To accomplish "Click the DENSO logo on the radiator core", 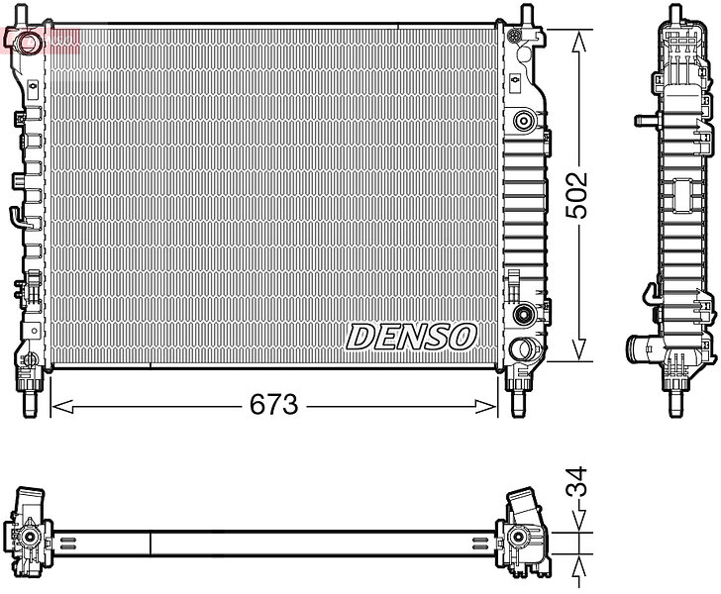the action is pos(411,336).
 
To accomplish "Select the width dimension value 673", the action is pos(274,405).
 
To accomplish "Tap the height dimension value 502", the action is pos(576,195).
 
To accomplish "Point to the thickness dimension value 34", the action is pos(576,481).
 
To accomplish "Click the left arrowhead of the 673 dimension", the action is pos(62,407).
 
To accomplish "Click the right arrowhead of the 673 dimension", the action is pos(486,407).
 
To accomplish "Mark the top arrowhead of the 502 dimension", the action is pos(579,42).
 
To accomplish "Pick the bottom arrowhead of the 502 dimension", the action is pos(579,349).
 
